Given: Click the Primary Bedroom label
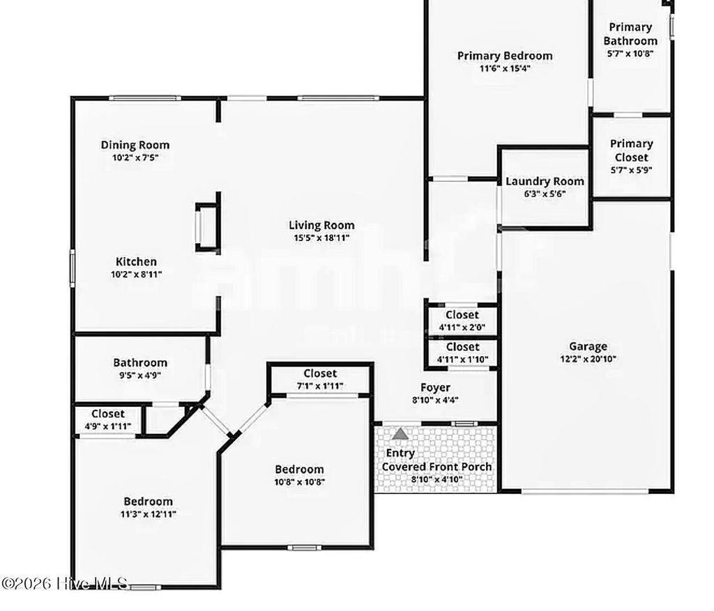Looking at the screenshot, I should [x=505, y=56].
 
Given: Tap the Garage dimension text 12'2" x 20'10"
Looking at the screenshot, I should [x=588, y=359].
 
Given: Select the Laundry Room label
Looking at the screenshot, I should [x=545, y=181].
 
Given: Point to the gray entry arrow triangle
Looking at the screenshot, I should [x=400, y=434].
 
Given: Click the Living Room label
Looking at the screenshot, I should [x=321, y=225].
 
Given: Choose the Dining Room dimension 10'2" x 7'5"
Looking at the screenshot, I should [x=135, y=158].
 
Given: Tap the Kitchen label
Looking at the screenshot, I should [x=136, y=261].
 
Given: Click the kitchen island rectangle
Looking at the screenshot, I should [x=207, y=226].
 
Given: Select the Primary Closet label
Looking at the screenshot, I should [x=630, y=150].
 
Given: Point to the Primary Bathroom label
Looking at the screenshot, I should [x=630, y=33].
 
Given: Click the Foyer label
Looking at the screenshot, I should [x=434, y=387].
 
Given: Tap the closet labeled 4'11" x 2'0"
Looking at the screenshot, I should [x=462, y=320].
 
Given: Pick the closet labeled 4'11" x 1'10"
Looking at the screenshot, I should [x=462, y=353].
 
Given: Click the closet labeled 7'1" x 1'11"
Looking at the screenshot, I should [x=319, y=380].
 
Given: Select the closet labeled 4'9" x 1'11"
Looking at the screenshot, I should [x=107, y=420].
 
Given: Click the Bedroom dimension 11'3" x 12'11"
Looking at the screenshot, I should [x=149, y=514].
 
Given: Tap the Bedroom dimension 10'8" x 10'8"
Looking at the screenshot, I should [x=299, y=481].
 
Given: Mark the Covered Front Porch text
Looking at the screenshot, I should [x=436, y=467].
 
